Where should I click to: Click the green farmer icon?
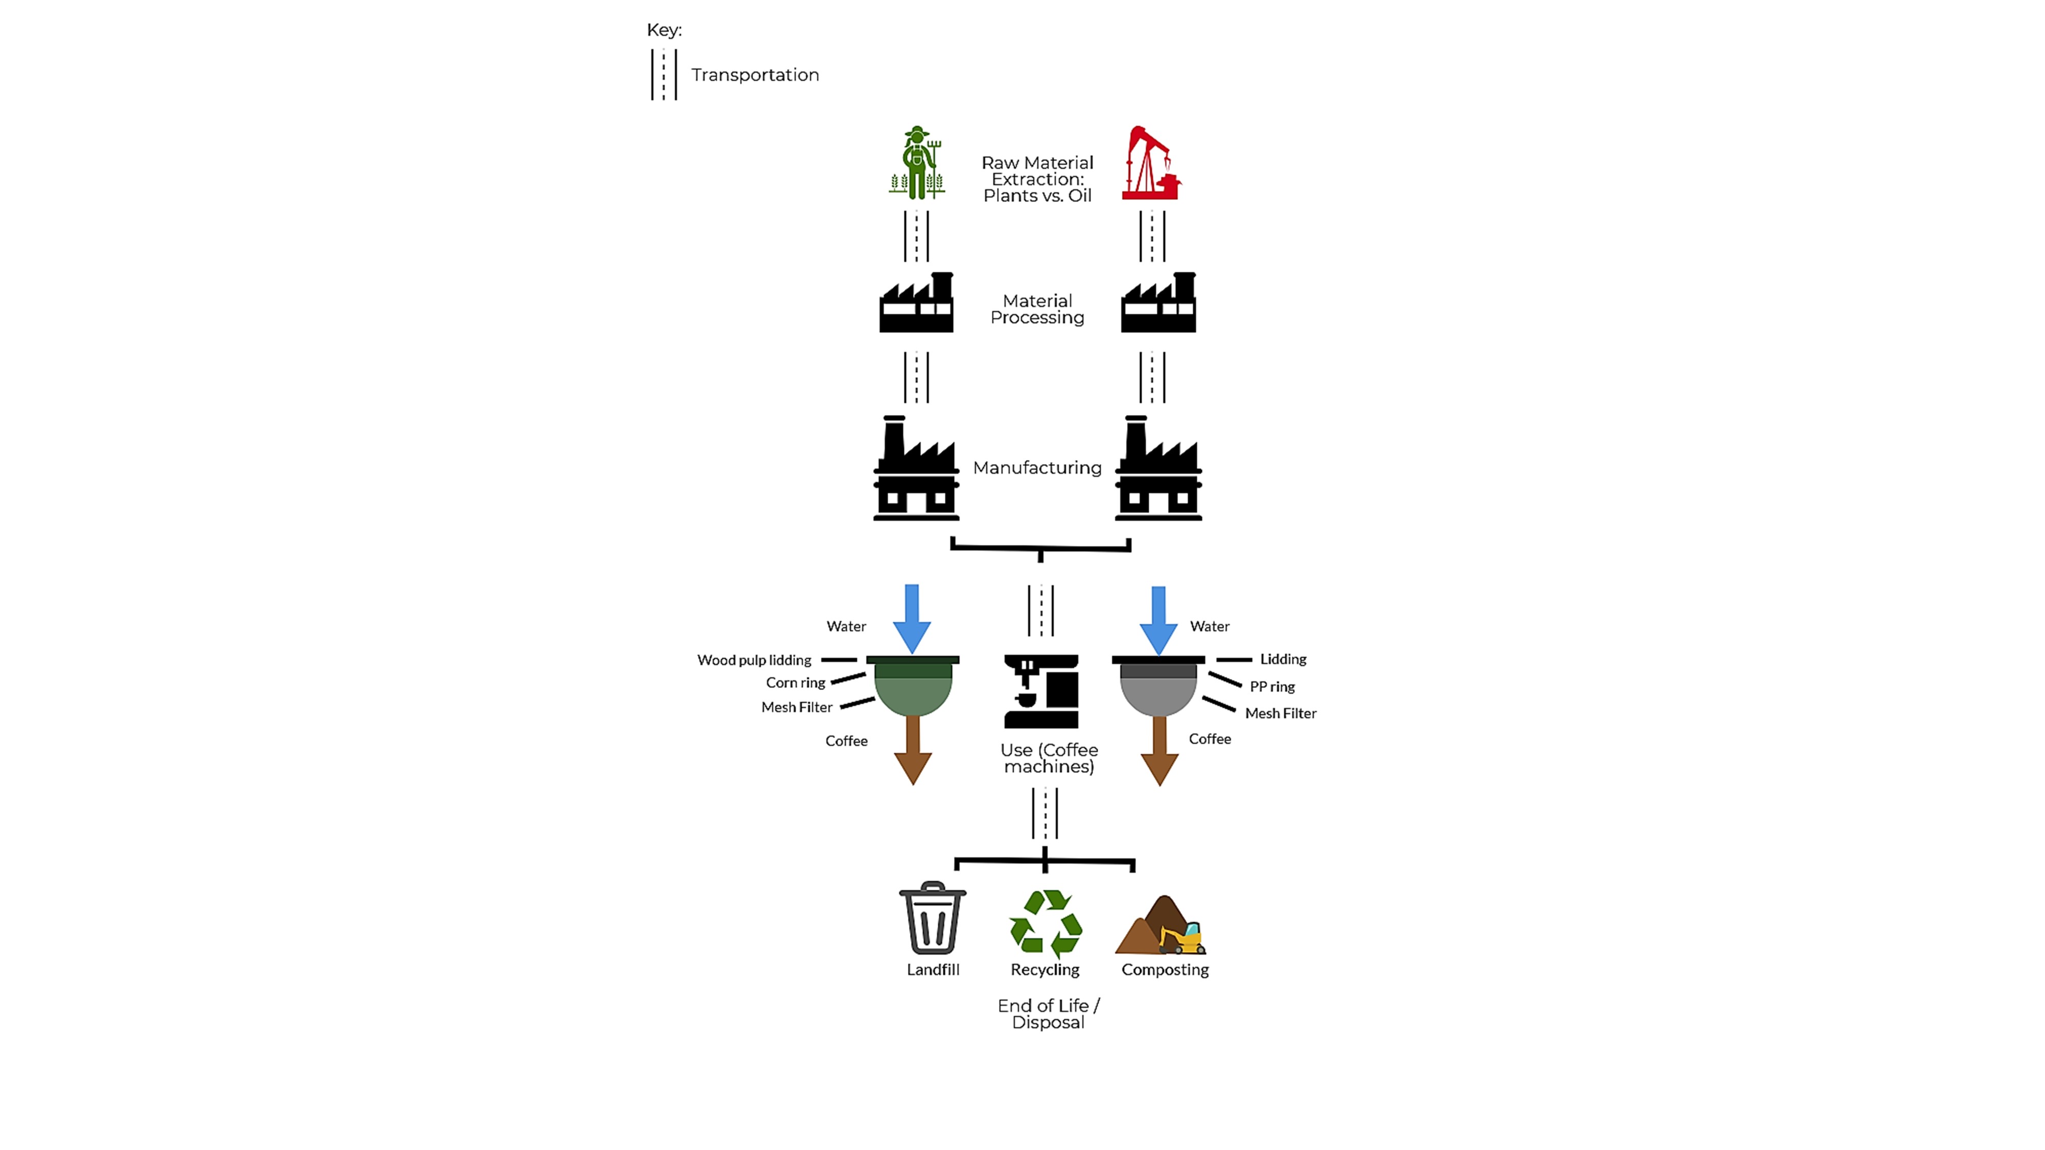coord(917,163)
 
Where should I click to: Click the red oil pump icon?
coord(1152,163)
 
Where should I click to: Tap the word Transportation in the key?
coord(755,75)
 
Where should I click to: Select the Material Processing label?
coord(1038,309)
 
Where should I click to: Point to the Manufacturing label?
coord(1038,468)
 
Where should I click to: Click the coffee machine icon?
coord(1041,691)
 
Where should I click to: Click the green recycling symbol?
coord(1046,924)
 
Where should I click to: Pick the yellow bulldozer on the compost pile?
coord(1181,937)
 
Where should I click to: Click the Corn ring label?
coord(796,682)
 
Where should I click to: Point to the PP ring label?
coord(1272,686)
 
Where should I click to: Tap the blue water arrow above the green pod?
coord(912,619)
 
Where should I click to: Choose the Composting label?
coord(1165,970)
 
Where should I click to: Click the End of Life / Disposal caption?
coord(1048,1014)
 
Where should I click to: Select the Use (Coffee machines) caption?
coord(1049,758)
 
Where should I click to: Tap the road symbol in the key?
coord(664,75)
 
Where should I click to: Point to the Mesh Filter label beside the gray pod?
coord(1281,714)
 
